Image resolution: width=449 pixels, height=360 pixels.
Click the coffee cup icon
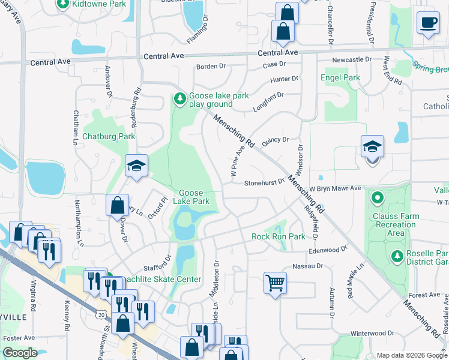[x=428, y=23]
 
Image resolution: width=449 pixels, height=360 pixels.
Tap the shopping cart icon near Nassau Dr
[x=275, y=281]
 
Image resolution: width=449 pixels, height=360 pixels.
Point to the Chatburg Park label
[x=109, y=136]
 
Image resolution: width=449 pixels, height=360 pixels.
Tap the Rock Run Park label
[x=278, y=236]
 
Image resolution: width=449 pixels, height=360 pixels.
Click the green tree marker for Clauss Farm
[x=377, y=197]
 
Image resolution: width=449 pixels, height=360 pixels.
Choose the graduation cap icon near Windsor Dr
[x=372, y=147]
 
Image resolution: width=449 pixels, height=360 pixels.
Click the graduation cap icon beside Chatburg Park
[x=136, y=165]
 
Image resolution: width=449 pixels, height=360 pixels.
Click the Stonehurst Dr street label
[x=264, y=183]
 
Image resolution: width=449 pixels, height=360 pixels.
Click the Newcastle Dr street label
[x=352, y=60]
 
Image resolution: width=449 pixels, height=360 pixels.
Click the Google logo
[x=20, y=353]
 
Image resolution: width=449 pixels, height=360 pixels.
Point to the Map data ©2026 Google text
[x=411, y=355]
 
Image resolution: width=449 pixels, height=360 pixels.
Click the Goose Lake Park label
[x=191, y=197]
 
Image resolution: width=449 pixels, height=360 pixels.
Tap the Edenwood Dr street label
[x=328, y=250]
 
